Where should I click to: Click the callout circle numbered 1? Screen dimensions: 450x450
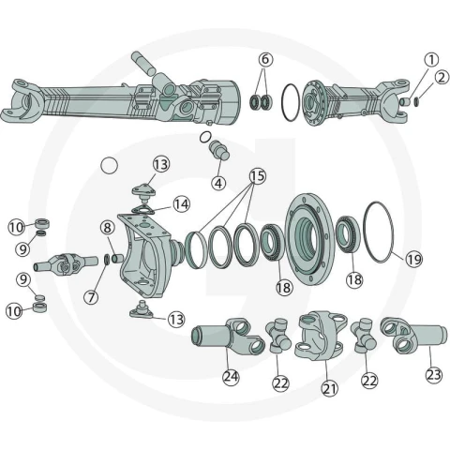[x=431, y=59]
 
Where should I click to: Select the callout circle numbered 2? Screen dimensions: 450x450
[x=442, y=77]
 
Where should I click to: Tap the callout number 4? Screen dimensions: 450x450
[x=218, y=183]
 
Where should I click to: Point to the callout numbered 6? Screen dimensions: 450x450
[x=265, y=59]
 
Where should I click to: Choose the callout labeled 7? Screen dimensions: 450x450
[x=91, y=297]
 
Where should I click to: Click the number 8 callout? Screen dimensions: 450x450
[x=108, y=228]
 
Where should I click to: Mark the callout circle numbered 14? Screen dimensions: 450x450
[x=182, y=204]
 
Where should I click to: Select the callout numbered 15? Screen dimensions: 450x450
[x=258, y=176]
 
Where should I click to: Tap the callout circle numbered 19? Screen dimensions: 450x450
[x=413, y=259]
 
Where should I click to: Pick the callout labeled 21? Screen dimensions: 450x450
[x=330, y=388]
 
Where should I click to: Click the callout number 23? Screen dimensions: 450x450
[x=434, y=374]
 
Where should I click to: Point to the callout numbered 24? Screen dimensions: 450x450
[x=231, y=377]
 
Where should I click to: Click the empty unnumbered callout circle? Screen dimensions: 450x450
[x=110, y=165]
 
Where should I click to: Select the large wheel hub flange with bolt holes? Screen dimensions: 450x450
[x=309, y=239]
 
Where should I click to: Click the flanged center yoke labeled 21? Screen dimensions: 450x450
[x=322, y=336]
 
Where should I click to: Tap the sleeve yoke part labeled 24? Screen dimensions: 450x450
[x=228, y=337]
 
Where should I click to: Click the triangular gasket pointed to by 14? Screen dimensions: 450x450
[x=142, y=210]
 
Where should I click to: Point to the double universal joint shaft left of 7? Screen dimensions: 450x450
[x=66, y=264]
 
